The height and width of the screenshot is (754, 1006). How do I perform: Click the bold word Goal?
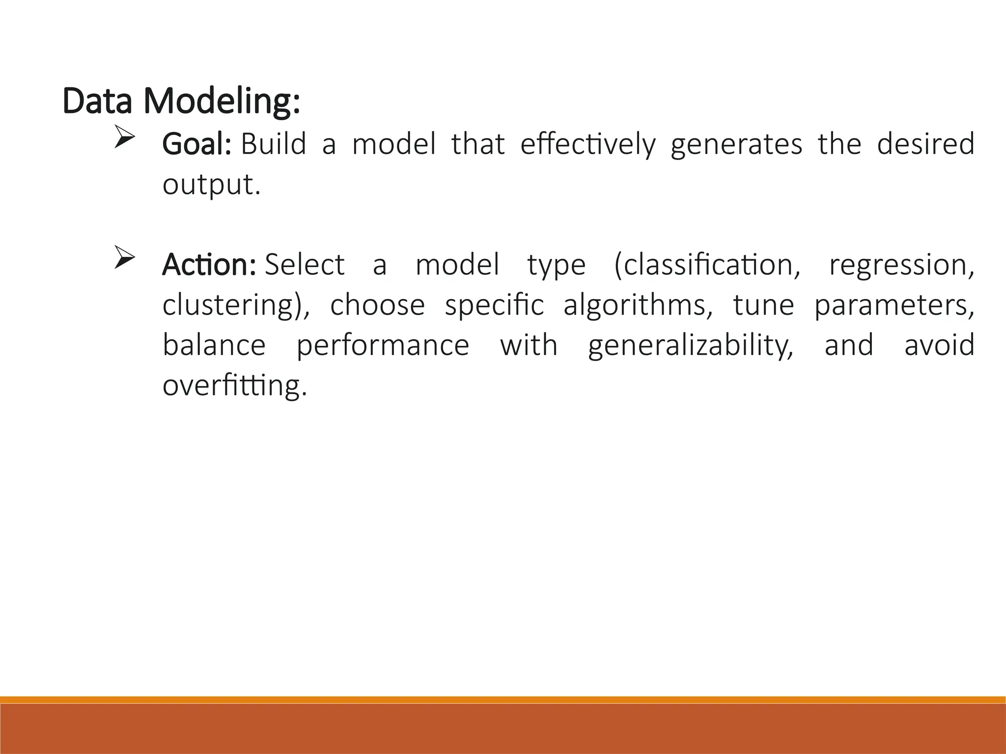click(196, 144)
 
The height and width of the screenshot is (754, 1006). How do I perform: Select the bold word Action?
click(209, 265)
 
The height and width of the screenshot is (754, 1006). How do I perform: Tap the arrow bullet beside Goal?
click(124, 137)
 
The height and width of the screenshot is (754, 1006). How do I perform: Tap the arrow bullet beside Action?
click(124, 258)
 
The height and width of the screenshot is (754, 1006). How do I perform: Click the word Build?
click(274, 144)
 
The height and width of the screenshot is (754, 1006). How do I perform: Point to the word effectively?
click(588, 144)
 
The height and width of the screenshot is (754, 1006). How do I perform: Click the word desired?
click(925, 144)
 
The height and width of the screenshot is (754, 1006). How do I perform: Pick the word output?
click(211, 185)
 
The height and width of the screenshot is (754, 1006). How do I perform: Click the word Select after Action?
click(305, 265)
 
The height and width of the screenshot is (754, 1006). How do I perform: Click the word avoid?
click(939, 345)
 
